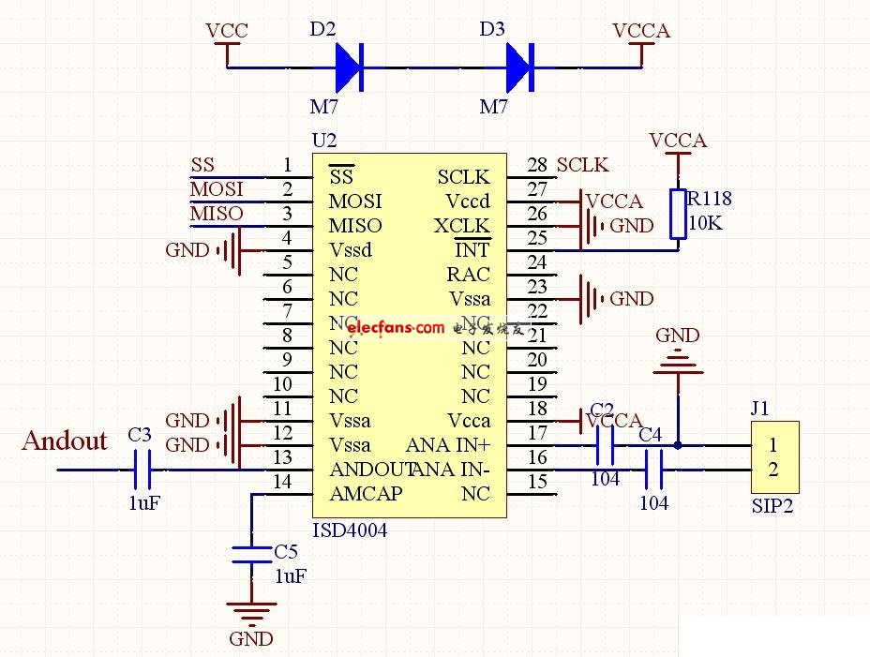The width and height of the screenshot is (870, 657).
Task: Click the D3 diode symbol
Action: coord(519,67)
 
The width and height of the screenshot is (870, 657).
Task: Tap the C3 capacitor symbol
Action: coord(142,469)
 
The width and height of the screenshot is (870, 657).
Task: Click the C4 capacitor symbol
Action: coord(653,469)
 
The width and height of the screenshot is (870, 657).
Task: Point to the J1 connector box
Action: coord(773,457)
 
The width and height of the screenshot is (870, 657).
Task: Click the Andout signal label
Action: coord(65,440)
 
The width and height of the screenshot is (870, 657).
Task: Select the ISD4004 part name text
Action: coord(349,530)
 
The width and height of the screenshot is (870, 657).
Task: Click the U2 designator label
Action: coord(323,141)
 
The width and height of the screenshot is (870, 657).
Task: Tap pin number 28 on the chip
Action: coord(536,165)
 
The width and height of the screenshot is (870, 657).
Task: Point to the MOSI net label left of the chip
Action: coord(217,189)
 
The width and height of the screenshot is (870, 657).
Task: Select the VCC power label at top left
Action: coord(227,31)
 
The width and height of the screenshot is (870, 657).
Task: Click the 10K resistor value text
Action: coord(706,224)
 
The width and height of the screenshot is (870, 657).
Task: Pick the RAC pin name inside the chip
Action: coord(468,275)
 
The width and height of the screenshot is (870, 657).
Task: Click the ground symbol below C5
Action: coord(251,614)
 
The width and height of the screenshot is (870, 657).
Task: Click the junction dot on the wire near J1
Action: coord(678,445)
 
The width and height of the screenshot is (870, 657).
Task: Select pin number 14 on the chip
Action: coord(281,482)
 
